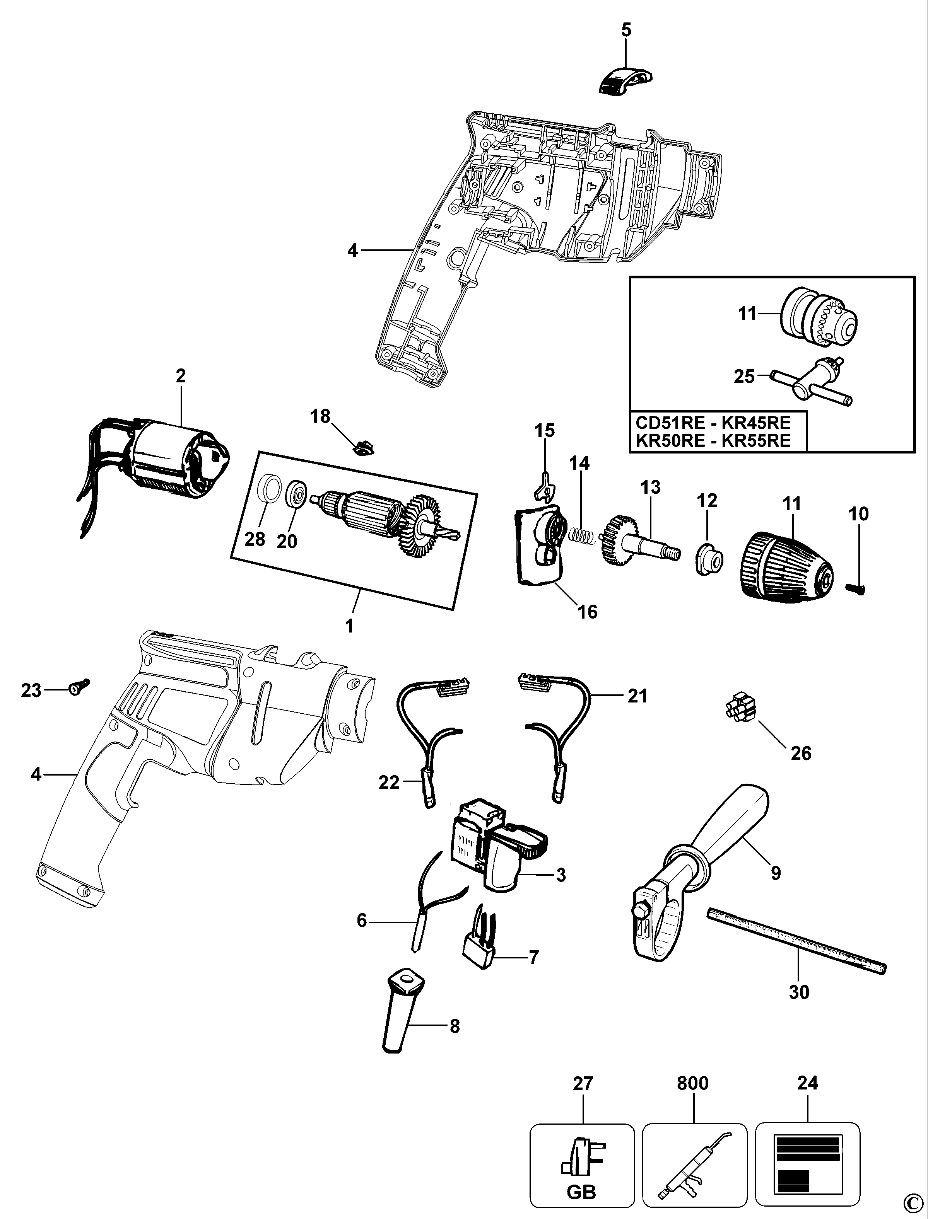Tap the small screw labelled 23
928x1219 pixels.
(x=78, y=686)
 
